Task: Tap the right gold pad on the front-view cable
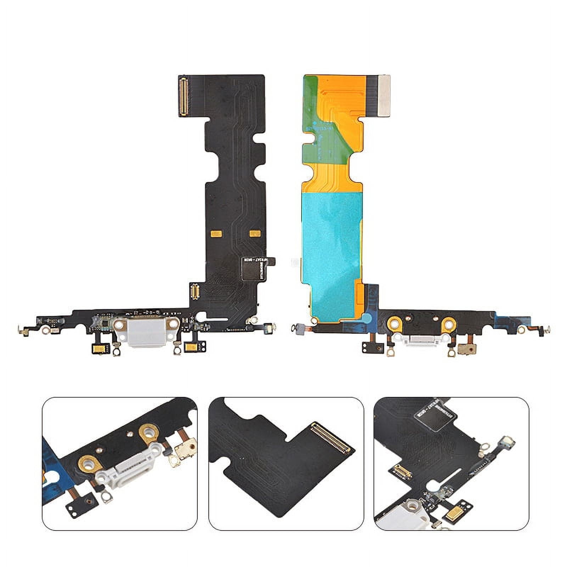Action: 255,233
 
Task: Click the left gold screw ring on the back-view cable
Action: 394,323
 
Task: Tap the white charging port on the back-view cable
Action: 421,341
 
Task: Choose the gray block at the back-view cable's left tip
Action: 298,328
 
